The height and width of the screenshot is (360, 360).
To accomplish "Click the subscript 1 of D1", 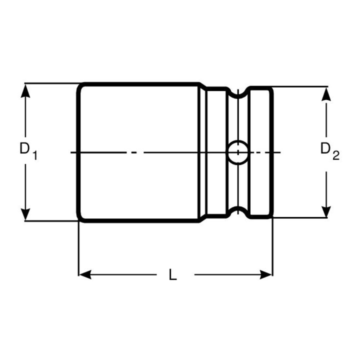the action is pos(35,155).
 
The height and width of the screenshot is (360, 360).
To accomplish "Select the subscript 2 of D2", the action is pos(335,155).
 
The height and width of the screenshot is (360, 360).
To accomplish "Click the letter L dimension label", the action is pos(172,274).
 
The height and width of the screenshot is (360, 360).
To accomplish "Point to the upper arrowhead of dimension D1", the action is pos(25,90).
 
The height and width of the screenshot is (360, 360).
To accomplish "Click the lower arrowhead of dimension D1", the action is pos(25,213).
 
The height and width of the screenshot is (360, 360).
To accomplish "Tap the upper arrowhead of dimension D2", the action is pos(326,94).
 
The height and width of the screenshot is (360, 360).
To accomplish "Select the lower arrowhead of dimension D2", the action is pos(326,210).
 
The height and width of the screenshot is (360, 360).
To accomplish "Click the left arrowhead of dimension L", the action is pos(85,274).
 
